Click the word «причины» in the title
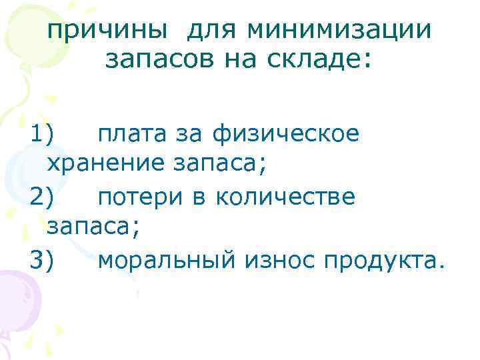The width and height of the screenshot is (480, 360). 106,31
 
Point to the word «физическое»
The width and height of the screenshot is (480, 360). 287,135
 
